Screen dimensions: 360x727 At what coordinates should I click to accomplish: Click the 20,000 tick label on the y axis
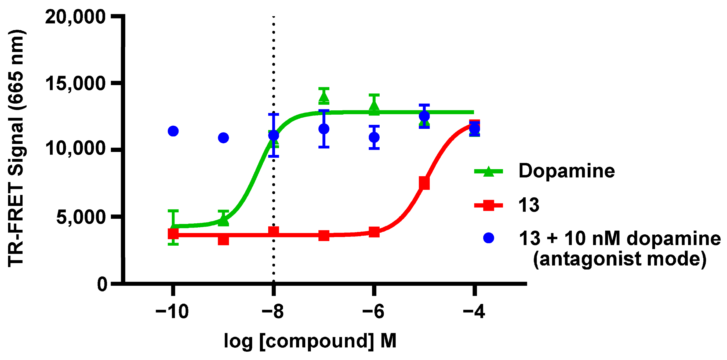point(75,17)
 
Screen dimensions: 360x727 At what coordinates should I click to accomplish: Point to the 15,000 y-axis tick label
point(75,83)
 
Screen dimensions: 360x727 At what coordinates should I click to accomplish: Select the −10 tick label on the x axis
point(172,312)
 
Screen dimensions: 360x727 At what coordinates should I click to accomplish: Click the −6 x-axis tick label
point(373,312)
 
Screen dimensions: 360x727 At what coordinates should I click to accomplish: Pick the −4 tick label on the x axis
point(474,312)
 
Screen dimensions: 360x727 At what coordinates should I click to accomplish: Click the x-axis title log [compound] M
point(310,341)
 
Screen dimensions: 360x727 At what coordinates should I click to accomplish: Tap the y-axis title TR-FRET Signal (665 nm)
point(16,148)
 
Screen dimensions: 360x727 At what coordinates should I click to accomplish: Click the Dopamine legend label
point(566,171)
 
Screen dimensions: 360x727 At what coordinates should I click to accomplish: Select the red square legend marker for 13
point(489,205)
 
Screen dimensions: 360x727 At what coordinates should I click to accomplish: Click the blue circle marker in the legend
point(489,238)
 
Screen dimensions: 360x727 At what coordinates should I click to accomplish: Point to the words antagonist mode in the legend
point(619,259)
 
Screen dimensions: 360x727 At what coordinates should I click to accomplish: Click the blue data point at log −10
point(173,131)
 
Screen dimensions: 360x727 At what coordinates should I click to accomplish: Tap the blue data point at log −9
point(223,138)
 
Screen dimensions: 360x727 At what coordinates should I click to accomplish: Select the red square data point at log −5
point(424,183)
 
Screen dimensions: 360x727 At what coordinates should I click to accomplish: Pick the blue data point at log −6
point(374,137)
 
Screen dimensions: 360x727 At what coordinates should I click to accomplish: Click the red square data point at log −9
point(223,240)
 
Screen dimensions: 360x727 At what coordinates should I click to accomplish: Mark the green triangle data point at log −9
point(223,221)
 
